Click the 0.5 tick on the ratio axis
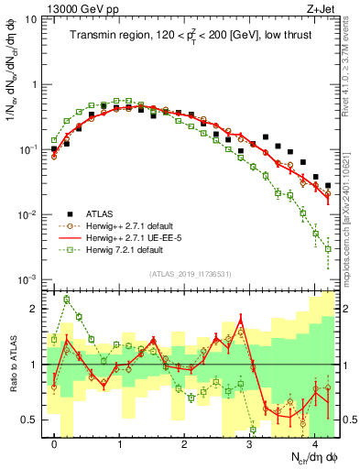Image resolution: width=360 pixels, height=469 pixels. click(x=31, y=420)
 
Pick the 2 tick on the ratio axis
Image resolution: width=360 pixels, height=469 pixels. click(x=36, y=309)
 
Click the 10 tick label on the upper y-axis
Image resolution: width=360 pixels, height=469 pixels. click(x=31, y=19)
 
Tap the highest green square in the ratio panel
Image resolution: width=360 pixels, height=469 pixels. click(x=66, y=300)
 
